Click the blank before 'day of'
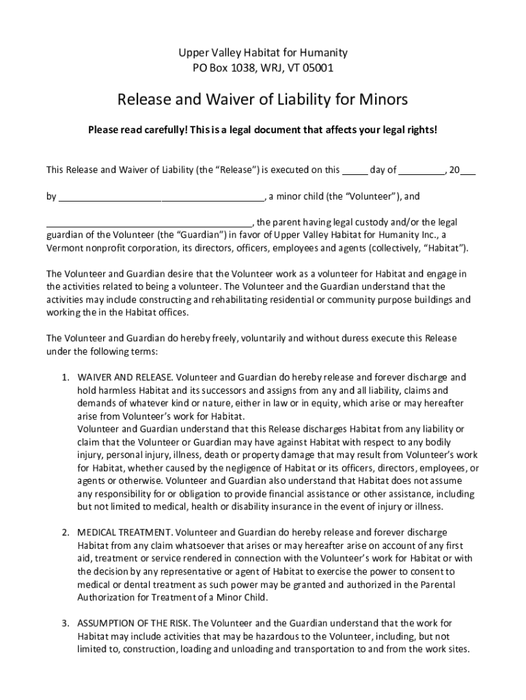355,170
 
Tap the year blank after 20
468,170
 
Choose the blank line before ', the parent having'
149,223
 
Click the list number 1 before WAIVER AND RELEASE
65,377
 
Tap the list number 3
65,623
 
